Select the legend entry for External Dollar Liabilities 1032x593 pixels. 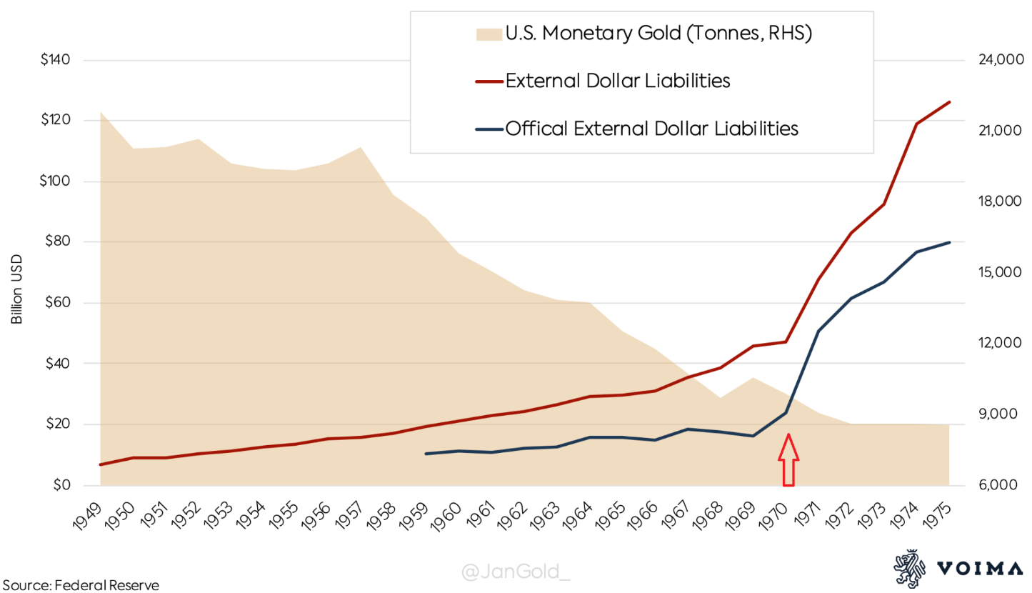(x=617, y=81)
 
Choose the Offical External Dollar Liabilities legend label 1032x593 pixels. (x=651, y=129)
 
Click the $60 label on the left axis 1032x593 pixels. (x=57, y=303)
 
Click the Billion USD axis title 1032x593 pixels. (x=17, y=289)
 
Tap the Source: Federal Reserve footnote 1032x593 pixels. (x=79, y=585)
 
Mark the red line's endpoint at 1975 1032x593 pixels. (x=949, y=102)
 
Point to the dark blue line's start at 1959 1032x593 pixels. (x=426, y=454)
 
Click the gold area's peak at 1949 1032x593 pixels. (x=101, y=113)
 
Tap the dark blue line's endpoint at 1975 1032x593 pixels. (x=949, y=242)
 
